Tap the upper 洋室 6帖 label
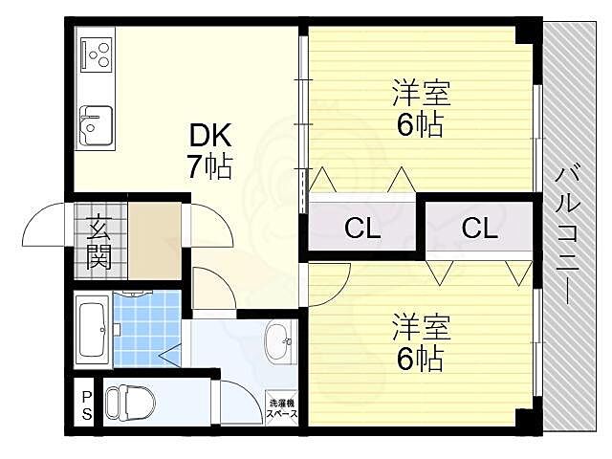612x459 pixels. tap(421, 110)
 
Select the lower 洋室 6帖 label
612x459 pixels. tap(421, 343)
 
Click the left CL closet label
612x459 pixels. tap(362, 229)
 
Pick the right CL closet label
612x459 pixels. tap(478, 229)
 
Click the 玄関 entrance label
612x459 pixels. tap(98, 241)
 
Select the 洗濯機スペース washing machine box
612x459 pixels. tap(282, 408)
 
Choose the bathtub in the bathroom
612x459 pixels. tap(94, 330)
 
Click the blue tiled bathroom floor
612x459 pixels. tap(146, 325)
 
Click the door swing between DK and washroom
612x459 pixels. tap(206, 287)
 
